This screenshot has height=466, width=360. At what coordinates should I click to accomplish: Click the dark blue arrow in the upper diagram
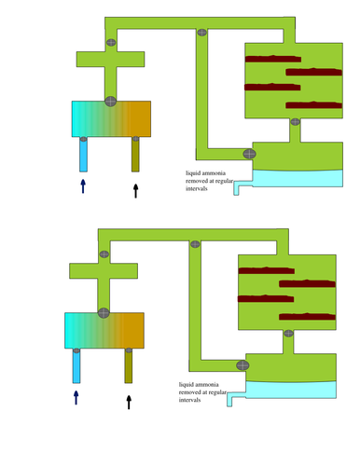(x=83, y=186)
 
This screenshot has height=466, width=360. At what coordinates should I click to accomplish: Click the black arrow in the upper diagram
(x=135, y=191)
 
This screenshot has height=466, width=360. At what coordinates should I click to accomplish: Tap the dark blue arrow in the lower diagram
(x=76, y=398)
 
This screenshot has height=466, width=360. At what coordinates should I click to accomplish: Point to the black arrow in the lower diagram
(x=129, y=402)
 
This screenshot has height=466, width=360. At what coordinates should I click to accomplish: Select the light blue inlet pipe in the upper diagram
(x=83, y=155)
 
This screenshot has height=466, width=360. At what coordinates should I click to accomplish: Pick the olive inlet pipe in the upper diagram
(x=135, y=155)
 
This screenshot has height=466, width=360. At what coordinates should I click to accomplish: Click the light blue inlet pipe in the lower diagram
(x=76, y=366)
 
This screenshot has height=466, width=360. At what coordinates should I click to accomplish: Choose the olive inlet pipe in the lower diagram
(x=129, y=366)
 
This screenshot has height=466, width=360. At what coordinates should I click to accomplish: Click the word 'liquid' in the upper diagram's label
(x=193, y=173)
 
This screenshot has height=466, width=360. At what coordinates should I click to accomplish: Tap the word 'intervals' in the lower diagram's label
(x=189, y=400)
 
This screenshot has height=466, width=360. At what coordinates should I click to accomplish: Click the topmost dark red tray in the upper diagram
(x=273, y=59)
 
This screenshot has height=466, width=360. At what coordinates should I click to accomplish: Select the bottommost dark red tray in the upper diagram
(x=313, y=105)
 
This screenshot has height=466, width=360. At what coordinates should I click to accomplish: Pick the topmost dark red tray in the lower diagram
(x=267, y=270)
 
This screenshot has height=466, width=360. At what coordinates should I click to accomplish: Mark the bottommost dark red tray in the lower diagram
(x=307, y=317)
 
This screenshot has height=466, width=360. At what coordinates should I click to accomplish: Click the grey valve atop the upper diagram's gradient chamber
(x=111, y=102)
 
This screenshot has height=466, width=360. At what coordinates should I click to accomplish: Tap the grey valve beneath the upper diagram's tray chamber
(x=296, y=122)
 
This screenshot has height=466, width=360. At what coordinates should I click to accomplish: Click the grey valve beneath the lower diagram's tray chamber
(x=288, y=334)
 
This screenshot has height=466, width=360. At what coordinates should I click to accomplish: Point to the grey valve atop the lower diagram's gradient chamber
(x=104, y=313)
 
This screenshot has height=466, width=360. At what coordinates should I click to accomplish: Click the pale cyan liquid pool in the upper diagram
(x=298, y=179)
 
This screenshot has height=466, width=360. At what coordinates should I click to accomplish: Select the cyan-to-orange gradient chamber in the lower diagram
(x=104, y=331)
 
